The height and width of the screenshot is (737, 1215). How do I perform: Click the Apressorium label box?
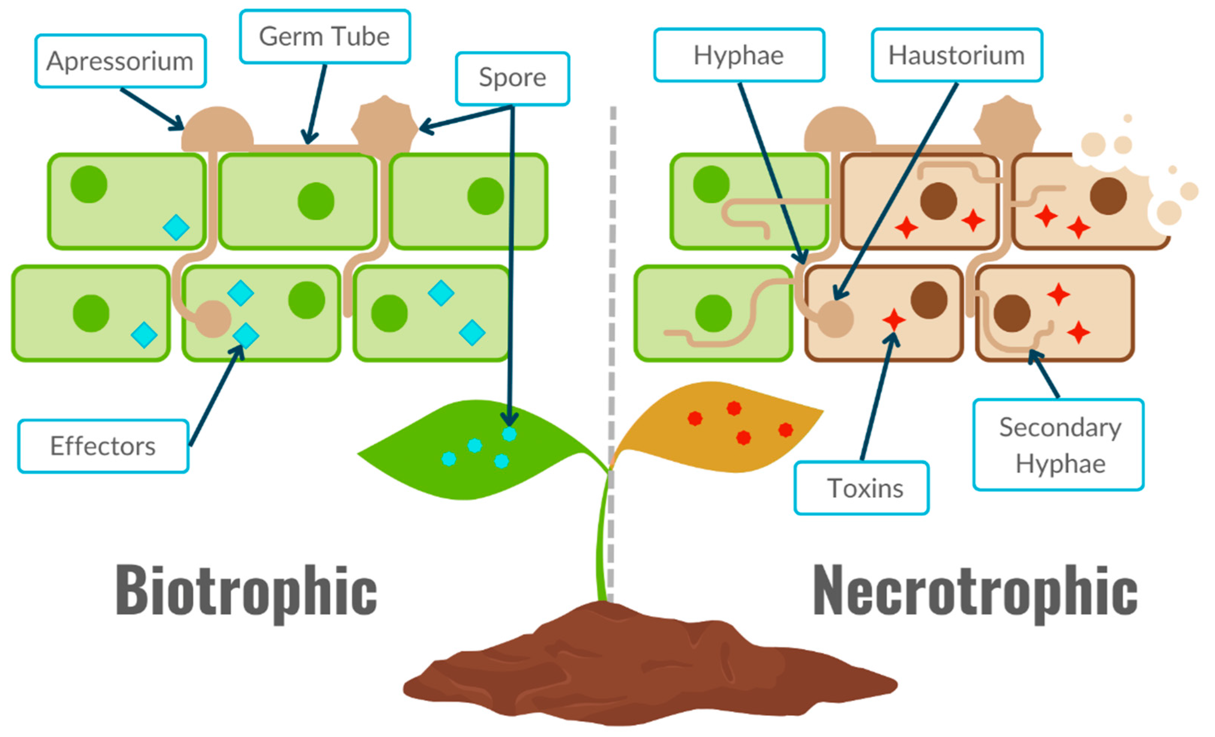pyautogui.click(x=120, y=61)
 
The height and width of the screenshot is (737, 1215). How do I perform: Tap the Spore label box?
pyautogui.click(x=512, y=78)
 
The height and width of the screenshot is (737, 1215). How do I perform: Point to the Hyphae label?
pyautogui.click(x=739, y=55)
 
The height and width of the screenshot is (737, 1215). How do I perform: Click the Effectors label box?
pyautogui.click(x=103, y=446)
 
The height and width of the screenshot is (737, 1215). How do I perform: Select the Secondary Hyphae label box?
pyautogui.click(x=1058, y=445)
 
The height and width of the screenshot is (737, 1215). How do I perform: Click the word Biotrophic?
pyautogui.click(x=247, y=591)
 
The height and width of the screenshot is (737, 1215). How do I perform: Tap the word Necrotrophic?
pyautogui.click(x=974, y=591)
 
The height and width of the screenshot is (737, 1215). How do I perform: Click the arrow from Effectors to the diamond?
pyautogui.click(x=215, y=397)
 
